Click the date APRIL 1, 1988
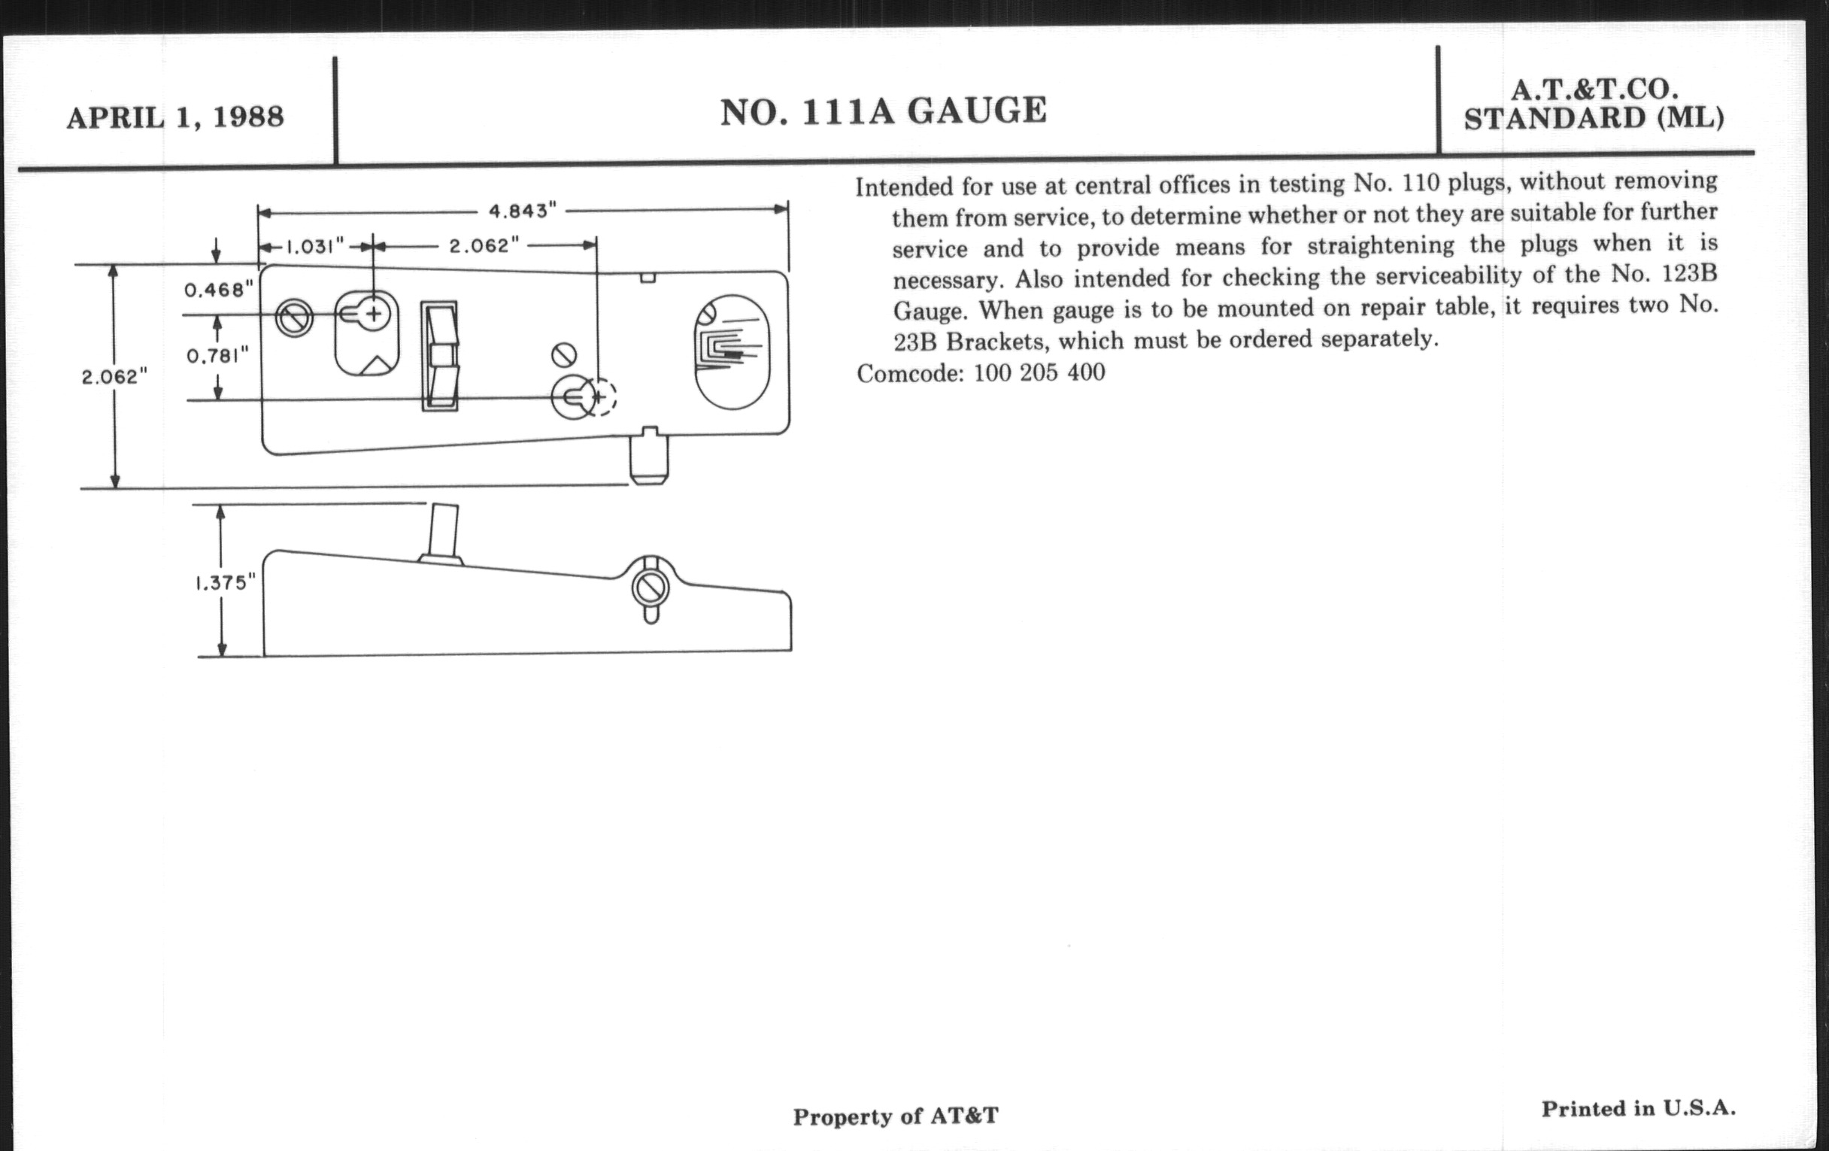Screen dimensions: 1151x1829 coord(175,118)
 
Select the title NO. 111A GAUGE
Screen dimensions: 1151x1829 coord(884,111)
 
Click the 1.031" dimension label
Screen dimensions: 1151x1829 coord(314,246)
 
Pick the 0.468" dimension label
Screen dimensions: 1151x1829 coord(218,290)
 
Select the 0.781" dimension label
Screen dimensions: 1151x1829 coord(218,356)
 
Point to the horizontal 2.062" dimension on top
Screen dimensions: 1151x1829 coord(484,246)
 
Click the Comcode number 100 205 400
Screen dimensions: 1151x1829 coord(1039,373)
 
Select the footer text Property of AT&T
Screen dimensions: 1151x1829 coord(896,1116)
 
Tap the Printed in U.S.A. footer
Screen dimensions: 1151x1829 coord(1638,1108)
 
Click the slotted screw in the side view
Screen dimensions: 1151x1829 coord(651,588)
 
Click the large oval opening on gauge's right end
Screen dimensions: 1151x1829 coord(732,352)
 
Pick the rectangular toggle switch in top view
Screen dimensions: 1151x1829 coord(440,357)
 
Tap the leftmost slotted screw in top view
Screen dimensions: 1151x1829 coord(294,317)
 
